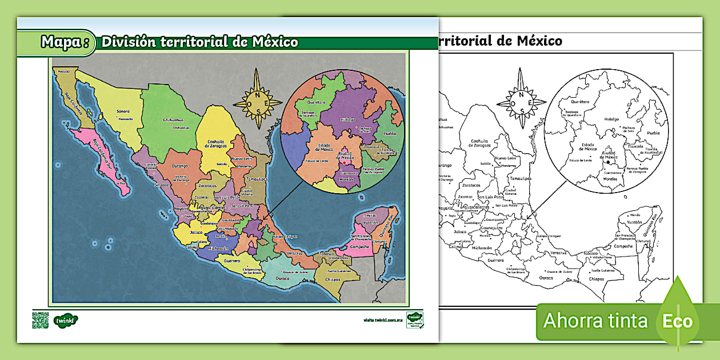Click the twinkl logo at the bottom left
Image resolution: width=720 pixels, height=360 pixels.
(67, 320)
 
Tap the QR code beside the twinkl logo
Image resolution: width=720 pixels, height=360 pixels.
(41, 320)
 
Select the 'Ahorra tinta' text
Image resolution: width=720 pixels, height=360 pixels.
(595, 321)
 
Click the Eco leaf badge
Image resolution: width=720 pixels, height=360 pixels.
(678, 320)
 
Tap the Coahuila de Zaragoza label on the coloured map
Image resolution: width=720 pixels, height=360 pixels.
(218, 143)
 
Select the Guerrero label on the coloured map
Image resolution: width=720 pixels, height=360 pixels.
(232, 261)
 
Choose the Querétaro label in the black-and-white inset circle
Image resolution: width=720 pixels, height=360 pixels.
(580, 102)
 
